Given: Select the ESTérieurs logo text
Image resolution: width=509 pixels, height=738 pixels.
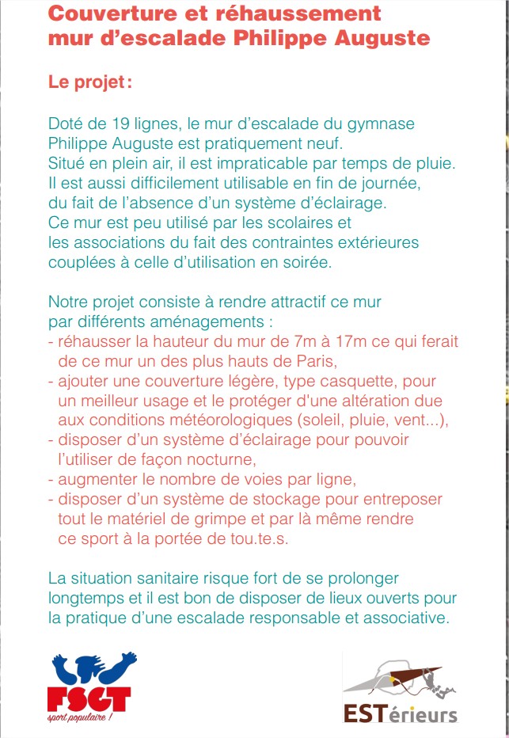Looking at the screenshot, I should (x=401, y=713).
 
